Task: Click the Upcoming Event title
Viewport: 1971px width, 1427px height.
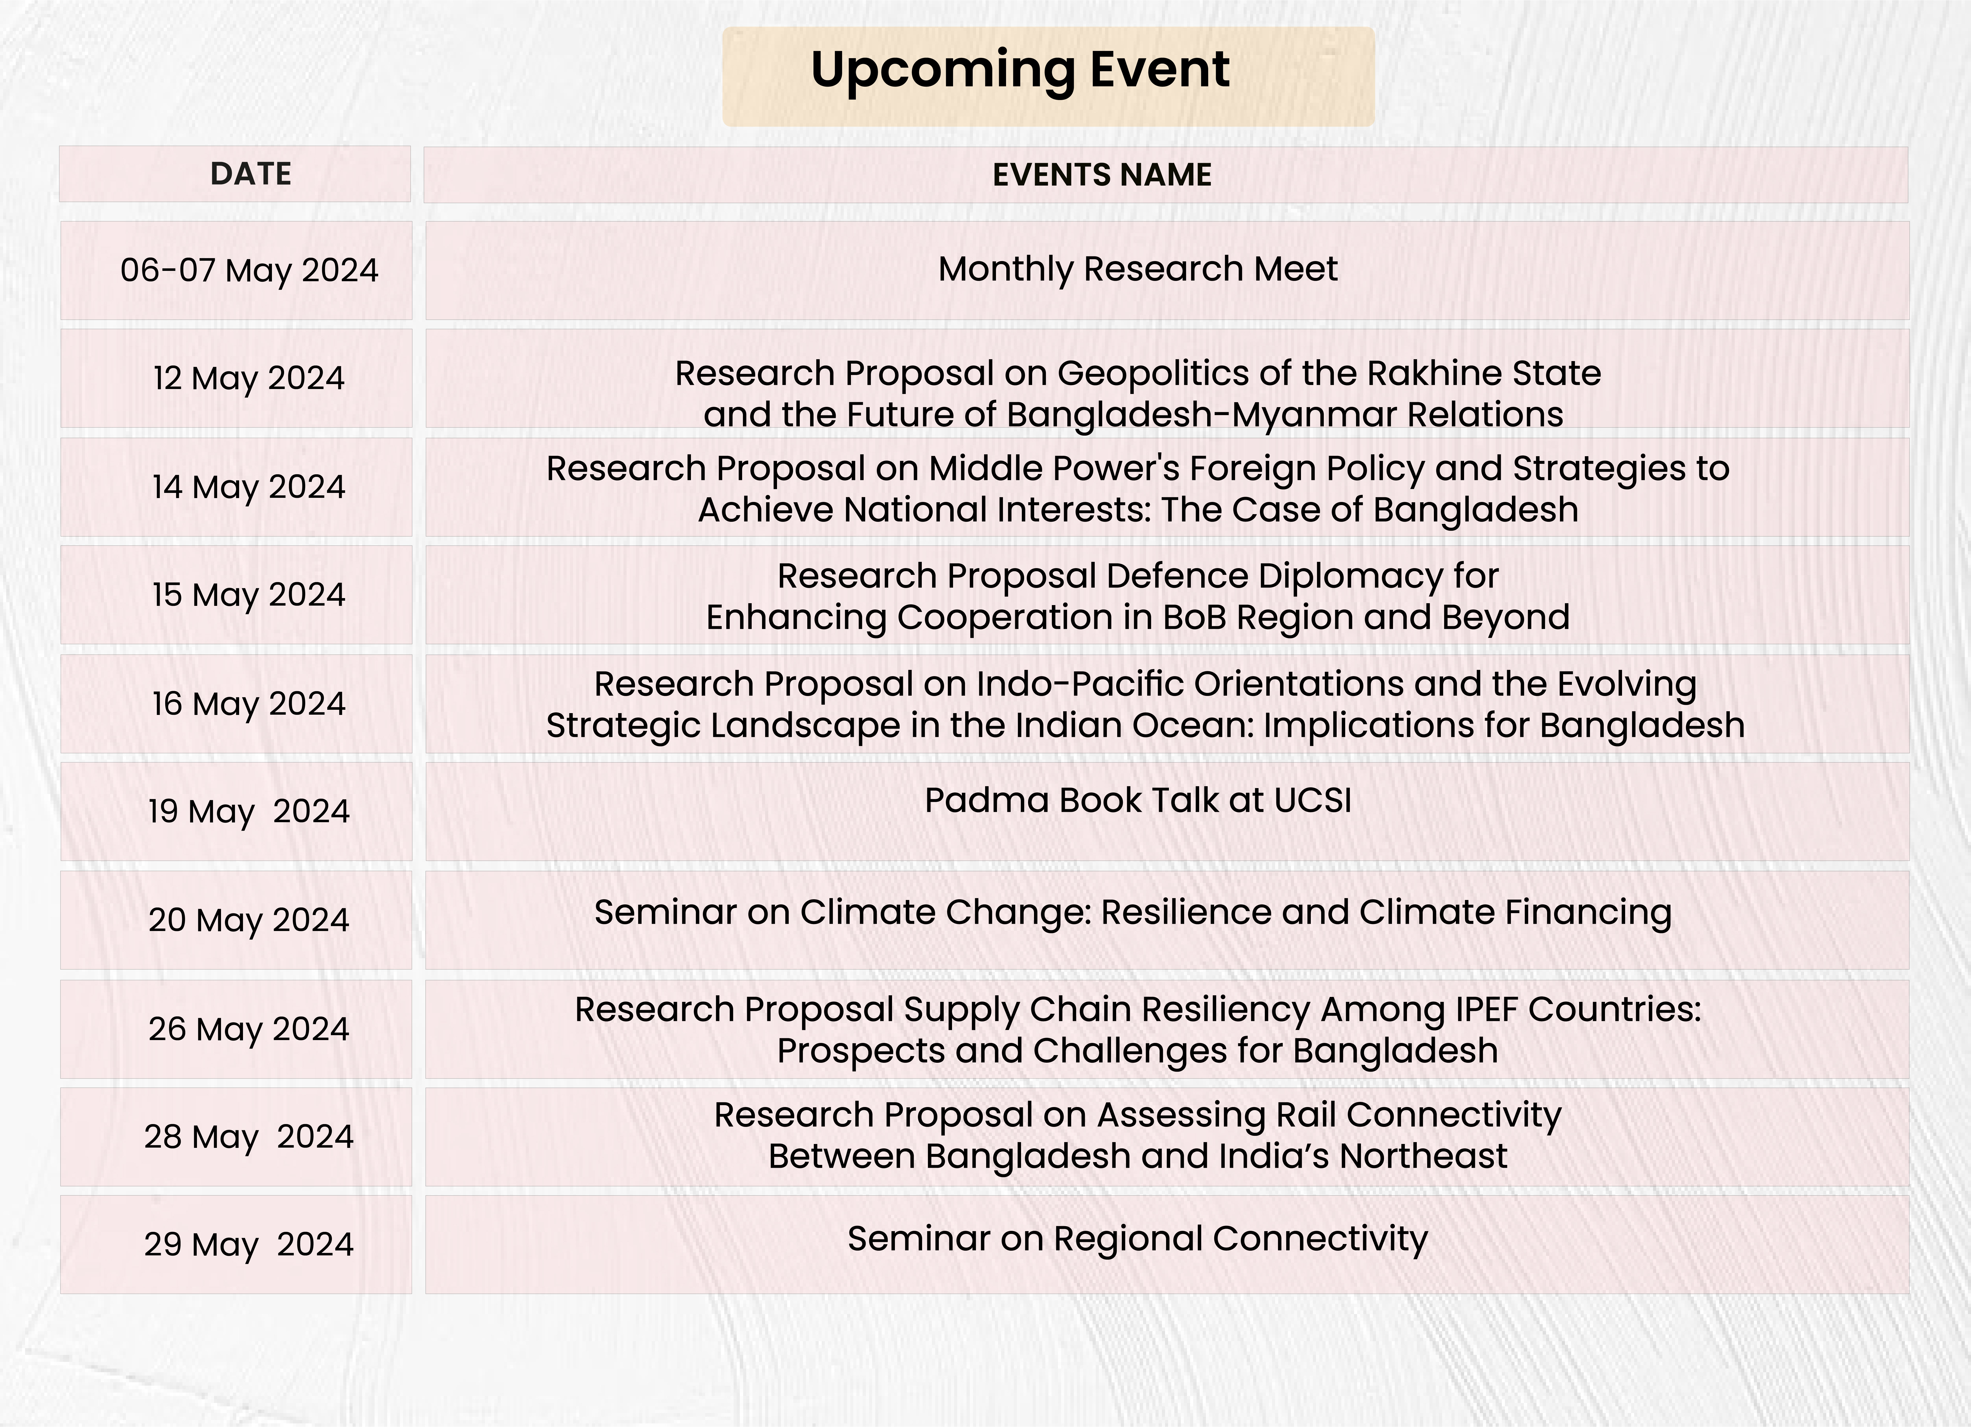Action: (1020, 70)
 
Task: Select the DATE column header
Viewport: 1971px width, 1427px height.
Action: (251, 174)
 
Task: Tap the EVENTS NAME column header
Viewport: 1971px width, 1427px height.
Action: (1102, 175)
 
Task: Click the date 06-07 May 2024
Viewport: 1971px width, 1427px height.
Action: (249, 270)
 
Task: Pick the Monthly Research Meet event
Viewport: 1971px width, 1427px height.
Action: (1138, 269)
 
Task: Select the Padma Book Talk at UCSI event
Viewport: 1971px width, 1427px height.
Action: (1138, 800)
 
